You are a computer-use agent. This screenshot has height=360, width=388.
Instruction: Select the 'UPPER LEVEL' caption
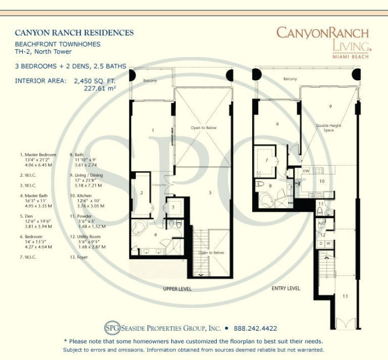[177, 289]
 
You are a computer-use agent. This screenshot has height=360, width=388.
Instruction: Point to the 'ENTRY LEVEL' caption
[285, 288]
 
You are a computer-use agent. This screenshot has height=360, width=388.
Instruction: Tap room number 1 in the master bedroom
[153, 131]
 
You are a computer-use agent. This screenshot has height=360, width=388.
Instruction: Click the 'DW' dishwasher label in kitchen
[306, 171]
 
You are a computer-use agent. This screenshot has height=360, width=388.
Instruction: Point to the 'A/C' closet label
[321, 223]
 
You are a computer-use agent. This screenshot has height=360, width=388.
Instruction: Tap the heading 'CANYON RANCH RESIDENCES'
[74, 33]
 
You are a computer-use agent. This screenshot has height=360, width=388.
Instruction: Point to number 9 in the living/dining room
[330, 107]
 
